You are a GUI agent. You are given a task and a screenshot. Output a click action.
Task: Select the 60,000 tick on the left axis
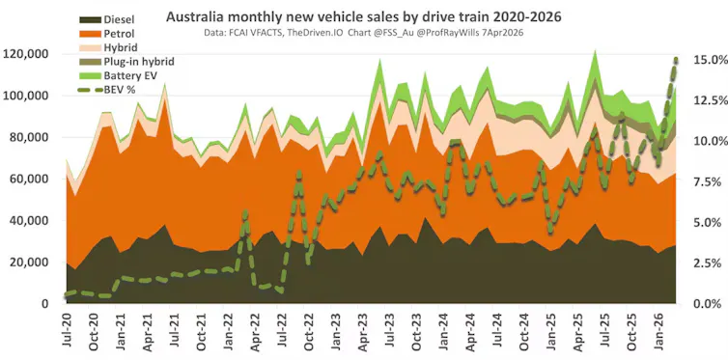point(31,180)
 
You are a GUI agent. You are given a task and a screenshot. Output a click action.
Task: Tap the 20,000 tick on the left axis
point(31,263)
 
